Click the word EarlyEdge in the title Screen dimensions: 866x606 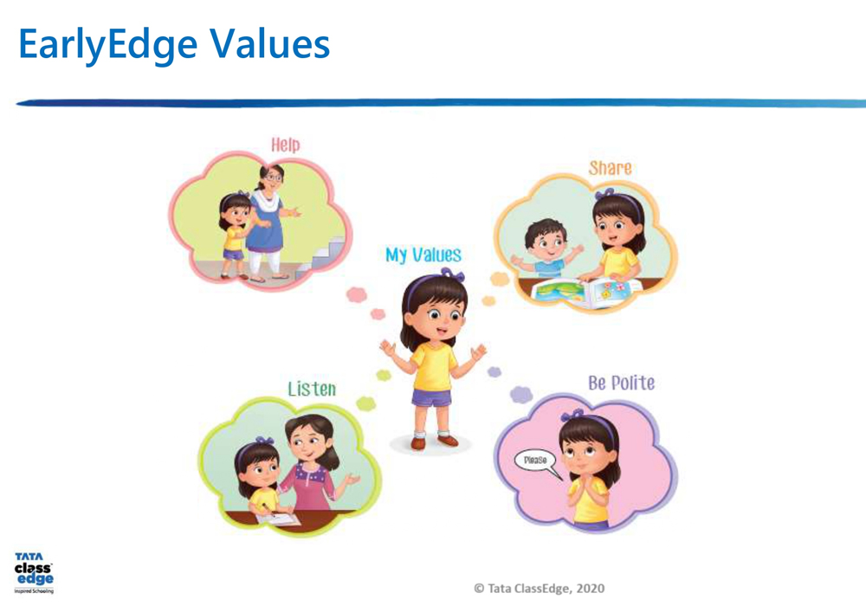pyautogui.click(x=108, y=45)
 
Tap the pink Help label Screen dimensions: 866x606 pyautogui.click(x=286, y=145)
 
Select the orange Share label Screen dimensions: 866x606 pyautogui.click(x=610, y=168)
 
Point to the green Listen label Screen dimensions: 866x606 pyautogui.click(x=312, y=389)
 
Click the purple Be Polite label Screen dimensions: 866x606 pyautogui.click(x=621, y=383)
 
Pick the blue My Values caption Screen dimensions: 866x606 pyautogui.click(x=423, y=255)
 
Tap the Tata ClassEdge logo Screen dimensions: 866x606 pyautogui.click(x=35, y=573)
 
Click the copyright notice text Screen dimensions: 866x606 pyautogui.click(x=539, y=589)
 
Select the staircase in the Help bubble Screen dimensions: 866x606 pyautogui.click(x=321, y=257)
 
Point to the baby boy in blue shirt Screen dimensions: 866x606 pyautogui.click(x=546, y=249)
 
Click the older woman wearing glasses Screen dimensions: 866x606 pyautogui.click(x=268, y=222)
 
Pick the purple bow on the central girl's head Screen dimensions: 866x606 pyautogui.click(x=452, y=274)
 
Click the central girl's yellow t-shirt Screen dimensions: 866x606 pyautogui.click(x=433, y=366)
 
